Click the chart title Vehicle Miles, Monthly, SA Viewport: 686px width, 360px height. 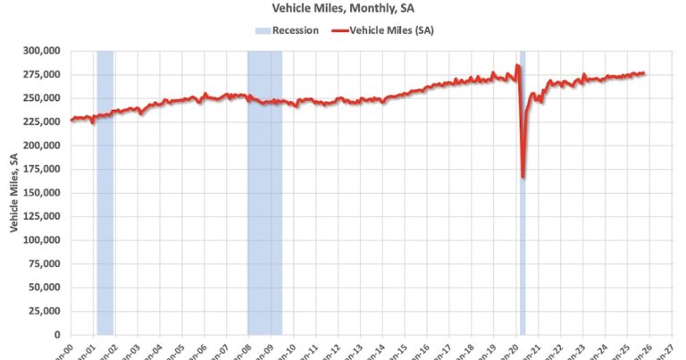(x=342, y=10)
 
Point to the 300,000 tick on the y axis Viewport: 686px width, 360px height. (x=41, y=51)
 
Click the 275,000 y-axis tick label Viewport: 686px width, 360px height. (x=41, y=74)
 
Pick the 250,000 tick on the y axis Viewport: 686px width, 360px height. (x=41, y=98)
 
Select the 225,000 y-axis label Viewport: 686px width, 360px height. (x=41, y=121)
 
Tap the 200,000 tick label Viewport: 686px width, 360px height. (x=41, y=146)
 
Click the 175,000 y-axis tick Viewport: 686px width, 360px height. (x=41, y=169)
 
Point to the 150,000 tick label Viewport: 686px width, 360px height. (x=41, y=193)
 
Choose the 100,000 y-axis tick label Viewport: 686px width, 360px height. (x=41, y=240)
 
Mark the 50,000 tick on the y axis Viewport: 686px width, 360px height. (x=45, y=288)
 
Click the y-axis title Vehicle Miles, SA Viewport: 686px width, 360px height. (x=14, y=193)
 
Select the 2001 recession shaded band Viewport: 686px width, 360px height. (x=105, y=192)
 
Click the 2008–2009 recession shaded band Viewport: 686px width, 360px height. (x=264, y=192)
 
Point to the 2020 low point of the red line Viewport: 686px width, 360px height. (x=523, y=177)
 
